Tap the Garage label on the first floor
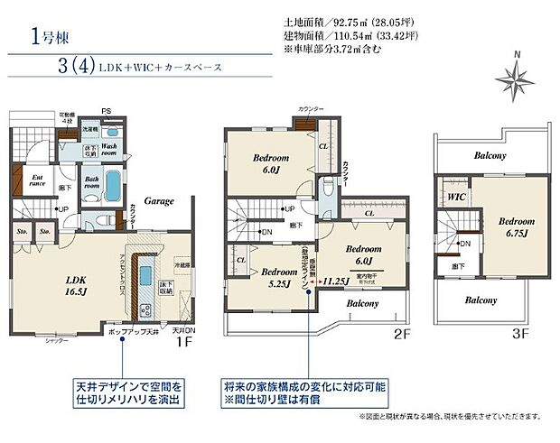159,201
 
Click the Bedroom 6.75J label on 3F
517,226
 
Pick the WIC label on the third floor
456,196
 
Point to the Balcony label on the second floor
362,305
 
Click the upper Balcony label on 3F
490,156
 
